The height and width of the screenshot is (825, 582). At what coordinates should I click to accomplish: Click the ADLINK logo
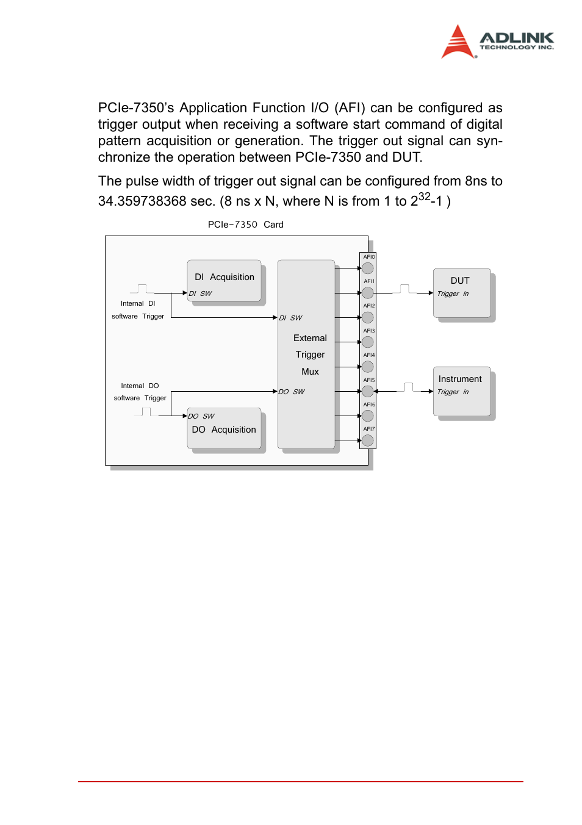pos(497,41)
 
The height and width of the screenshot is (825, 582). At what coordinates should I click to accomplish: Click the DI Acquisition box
pos(224,281)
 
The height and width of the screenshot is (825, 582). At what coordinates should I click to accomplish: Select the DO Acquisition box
pos(224,428)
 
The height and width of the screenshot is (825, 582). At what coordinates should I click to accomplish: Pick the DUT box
pos(462,293)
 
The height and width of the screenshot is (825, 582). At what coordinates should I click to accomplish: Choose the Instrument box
pos(462,391)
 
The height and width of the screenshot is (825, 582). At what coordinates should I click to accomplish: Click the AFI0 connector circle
pos(368,268)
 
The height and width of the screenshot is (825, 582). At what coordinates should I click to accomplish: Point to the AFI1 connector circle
pos(368,293)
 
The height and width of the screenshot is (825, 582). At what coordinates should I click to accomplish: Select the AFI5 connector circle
pos(368,391)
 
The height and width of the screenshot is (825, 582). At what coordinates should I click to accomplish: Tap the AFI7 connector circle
pos(368,440)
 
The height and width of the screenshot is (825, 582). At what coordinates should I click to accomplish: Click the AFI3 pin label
pos(369,331)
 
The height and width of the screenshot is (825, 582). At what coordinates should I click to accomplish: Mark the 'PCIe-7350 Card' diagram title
pos(245,225)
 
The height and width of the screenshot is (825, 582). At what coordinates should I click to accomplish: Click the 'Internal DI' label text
pos(138,303)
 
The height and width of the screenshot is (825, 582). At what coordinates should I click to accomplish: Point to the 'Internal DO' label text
pos(140,386)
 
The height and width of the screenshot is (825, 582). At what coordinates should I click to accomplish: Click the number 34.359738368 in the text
pos(142,201)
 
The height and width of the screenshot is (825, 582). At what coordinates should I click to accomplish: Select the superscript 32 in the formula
pos(425,196)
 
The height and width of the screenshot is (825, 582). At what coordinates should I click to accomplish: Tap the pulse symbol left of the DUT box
pos(404,289)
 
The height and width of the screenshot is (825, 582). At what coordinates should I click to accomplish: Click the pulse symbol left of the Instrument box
pos(408,387)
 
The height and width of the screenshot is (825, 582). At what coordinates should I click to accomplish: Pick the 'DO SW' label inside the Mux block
pos(292,392)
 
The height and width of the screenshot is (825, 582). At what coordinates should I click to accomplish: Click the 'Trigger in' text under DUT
pos(453,294)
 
